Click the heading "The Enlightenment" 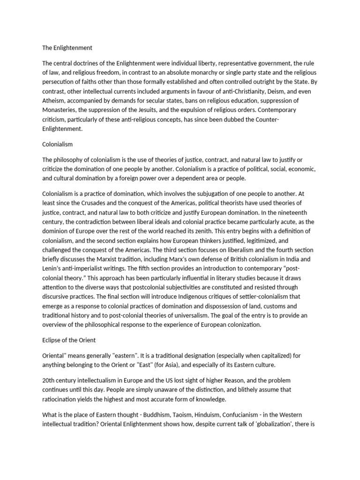(67, 47)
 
